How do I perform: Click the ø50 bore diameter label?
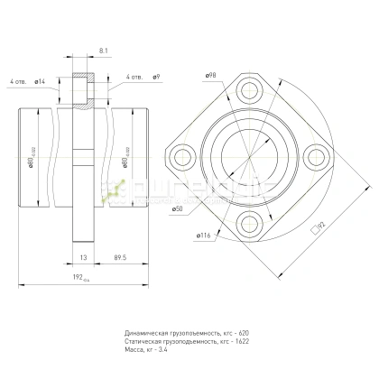tap(179, 210)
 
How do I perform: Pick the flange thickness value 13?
tap(83, 256)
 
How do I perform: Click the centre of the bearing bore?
tap(249, 156)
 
